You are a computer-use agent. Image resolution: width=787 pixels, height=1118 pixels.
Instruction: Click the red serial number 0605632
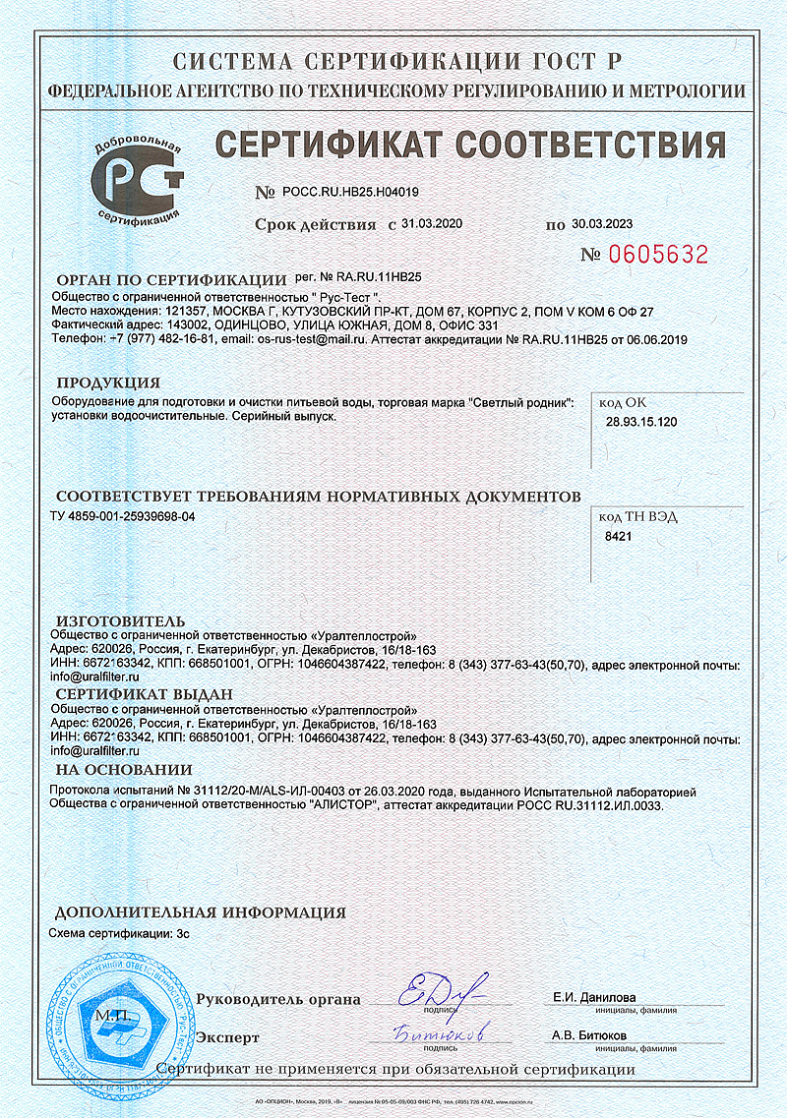658,255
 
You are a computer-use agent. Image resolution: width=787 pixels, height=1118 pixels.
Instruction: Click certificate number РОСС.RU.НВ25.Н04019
350,193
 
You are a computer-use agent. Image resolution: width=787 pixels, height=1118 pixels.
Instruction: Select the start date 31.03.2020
432,223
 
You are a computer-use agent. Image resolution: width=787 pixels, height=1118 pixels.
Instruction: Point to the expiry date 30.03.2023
601,223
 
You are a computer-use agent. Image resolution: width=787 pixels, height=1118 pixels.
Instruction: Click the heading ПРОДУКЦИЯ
108,382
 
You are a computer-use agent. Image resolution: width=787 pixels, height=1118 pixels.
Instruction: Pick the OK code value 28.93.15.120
640,422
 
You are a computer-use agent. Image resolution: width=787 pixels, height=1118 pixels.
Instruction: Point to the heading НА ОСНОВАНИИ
124,769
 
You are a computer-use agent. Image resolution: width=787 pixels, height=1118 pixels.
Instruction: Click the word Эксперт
227,1037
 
